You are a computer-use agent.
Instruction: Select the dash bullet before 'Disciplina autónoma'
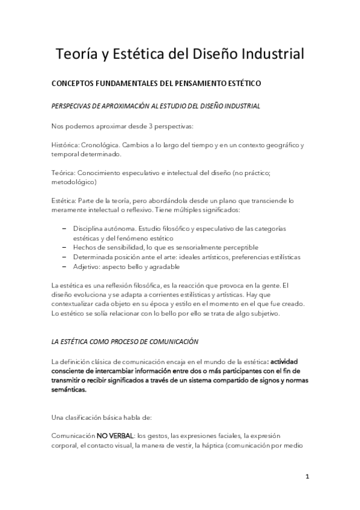[x=64, y=230]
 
